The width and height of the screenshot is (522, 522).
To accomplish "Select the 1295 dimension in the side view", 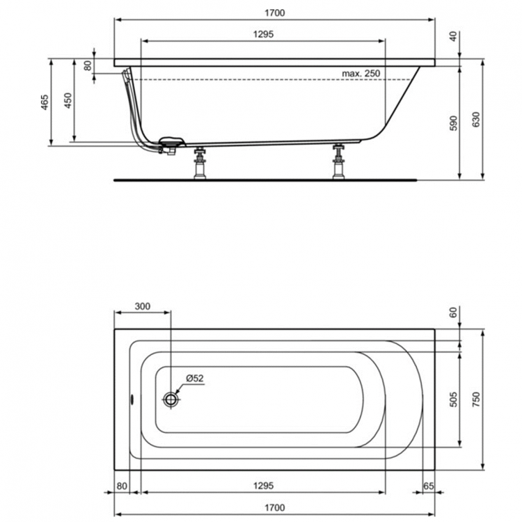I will click(x=262, y=33).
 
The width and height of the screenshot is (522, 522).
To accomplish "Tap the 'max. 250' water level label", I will click(x=361, y=74).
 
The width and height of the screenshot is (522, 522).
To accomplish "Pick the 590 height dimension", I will click(x=452, y=123).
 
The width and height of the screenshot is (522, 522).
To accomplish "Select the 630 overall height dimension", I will click(x=477, y=120).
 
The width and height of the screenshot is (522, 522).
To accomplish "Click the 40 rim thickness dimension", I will click(x=453, y=37).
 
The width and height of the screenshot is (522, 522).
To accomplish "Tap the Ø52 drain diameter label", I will click(x=193, y=379).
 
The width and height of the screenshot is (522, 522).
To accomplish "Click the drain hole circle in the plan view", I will click(x=171, y=400).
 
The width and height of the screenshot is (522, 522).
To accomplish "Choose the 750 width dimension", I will click(x=477, y=399).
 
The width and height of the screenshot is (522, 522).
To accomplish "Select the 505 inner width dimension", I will click(x=452, y=399).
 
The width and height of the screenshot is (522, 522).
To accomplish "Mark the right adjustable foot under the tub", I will click(x=339, y=161).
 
